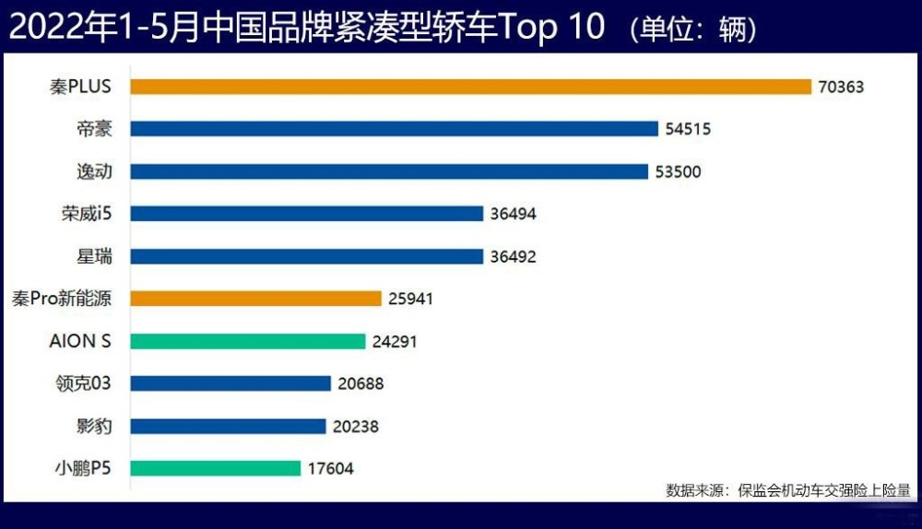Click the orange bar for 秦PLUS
[x=470, y=87]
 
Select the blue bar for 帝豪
[x=394, y=129]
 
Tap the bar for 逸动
[x=389, y=171]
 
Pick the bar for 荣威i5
[x=306, y=214]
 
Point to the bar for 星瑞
[x=306, y=256]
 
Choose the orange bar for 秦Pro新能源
[x=255, y=299]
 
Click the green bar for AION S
[x=247, y=342]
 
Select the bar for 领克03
[x=230, y=383]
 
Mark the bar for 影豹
[x=228, y=426]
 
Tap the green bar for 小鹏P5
[x=215, y=468]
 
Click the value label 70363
[x=841, y=87]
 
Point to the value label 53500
[x=678, y=171]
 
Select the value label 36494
[x=514, y=214]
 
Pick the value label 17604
[x=330, y=468]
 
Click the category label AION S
[x=80, y=341]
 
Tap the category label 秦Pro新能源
[x=62, y=299]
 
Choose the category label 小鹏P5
[x=83, y=468]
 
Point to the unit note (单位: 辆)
[x=692, y=29]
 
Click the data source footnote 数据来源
[x=694, y=490]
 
